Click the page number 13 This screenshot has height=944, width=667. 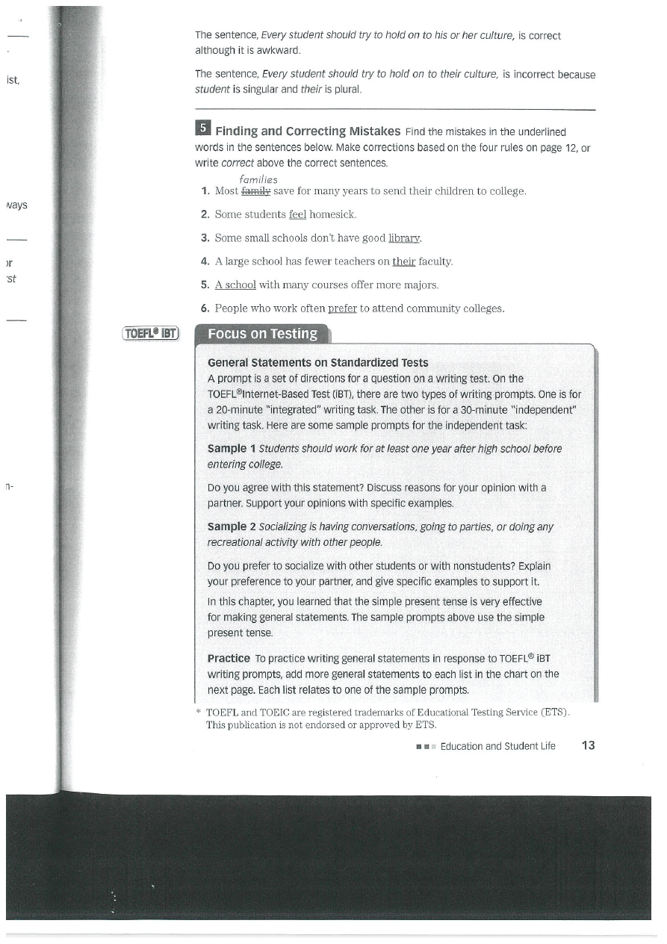coord(587,745)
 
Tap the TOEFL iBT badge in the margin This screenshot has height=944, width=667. coord(151,334)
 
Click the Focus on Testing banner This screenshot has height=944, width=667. coord(261,334)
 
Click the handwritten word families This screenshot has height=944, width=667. coord(258,180)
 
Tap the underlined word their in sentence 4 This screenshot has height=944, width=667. coord(403,261)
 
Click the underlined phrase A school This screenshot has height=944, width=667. coord(235,285)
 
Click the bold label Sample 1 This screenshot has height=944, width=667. coord(232,449)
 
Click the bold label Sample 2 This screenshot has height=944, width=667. coord(232,527)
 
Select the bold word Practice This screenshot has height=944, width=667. coord(229,658)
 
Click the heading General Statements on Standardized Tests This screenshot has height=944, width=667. coord(318,363)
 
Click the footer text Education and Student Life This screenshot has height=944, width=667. coord(497,746)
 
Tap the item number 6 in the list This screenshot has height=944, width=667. coord(204,308)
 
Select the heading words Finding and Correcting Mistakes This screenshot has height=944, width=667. coord(308,131)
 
